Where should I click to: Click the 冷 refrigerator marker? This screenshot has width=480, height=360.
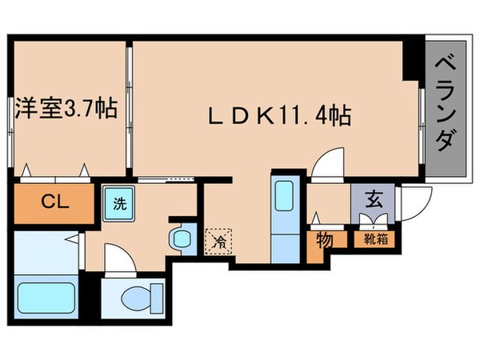coord(215,239)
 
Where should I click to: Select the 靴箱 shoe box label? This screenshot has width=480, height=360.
coord(372,238)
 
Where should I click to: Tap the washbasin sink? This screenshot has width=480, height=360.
coord(181,238)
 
